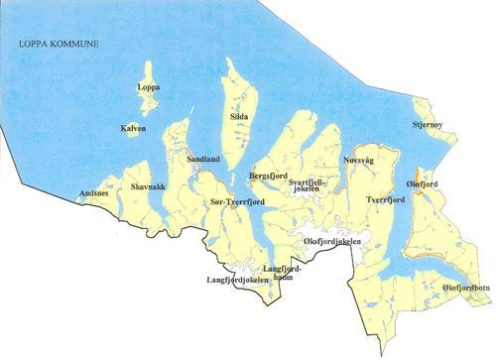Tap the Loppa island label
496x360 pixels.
coord(148,87)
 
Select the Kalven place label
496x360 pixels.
coord(133,129)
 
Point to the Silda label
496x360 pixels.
coord(239,118)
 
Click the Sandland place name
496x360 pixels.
coord(203,159)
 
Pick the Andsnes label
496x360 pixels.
coord(94,193)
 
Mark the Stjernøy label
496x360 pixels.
coord(430,126)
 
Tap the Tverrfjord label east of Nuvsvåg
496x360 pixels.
coord(387,200)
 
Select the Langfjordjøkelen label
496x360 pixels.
coord(237,281)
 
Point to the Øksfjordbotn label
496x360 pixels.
coord(465,287)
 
